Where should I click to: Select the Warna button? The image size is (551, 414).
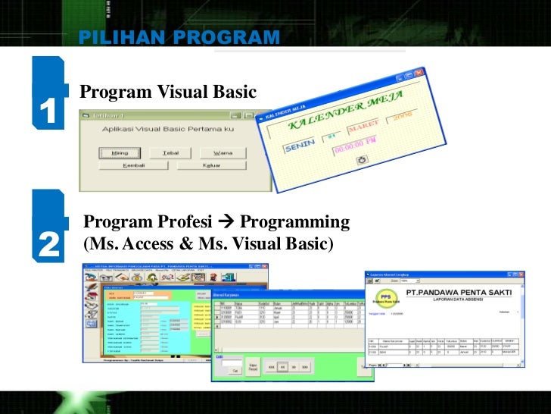click(223, 152)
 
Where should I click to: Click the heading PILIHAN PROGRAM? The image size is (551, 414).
click(179, 38)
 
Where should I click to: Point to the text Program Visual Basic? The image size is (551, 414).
click(168, 92)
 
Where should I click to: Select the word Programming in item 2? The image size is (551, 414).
click(294, 222)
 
